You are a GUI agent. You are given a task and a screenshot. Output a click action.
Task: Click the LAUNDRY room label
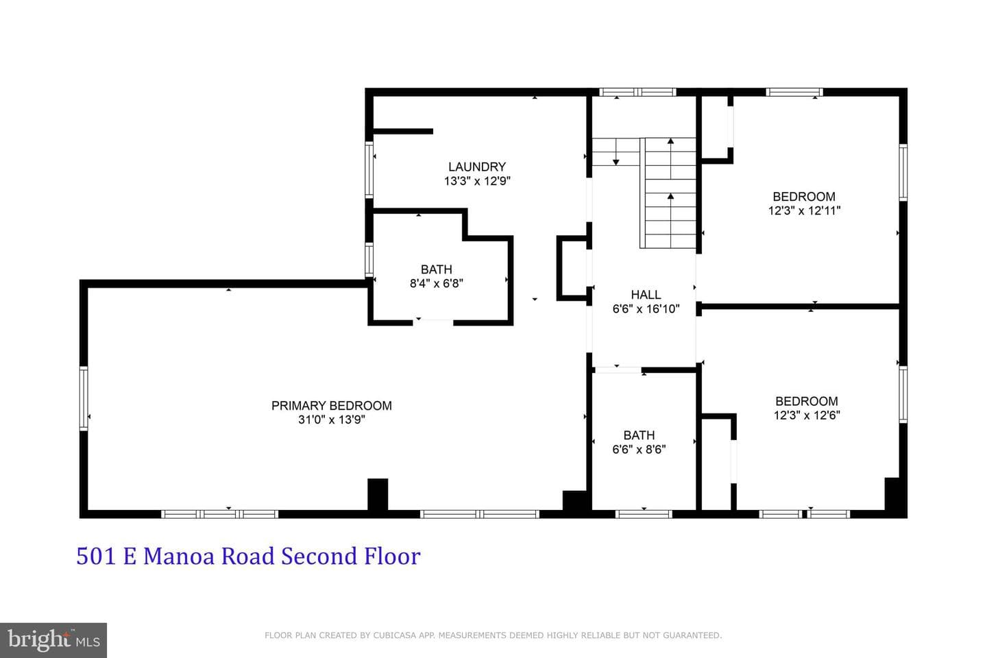pyautogui.click(x=477, y=167)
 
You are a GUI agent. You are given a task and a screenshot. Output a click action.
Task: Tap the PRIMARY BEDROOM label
pyautogui.click(x=331, y=406)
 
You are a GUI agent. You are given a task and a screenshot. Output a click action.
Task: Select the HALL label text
pyautogui.click(x=646, y=295)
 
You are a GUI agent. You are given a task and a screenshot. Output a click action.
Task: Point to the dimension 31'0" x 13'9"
pyautogui.click(x=331, y=419)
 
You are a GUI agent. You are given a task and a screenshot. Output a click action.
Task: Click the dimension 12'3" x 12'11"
pyautogui.click(x=804, y=210)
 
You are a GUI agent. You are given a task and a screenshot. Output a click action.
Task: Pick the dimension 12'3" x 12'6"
pyautogui.click(x=807, y=415)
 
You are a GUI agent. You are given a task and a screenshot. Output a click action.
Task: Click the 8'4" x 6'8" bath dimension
pyautogui.click(x=436, y=283)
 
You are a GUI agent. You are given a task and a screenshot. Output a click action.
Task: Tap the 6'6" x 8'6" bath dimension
pyautogui.click(x=639, y=449)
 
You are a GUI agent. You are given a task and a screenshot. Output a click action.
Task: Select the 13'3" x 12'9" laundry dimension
pyautogui.click(x=477, y=181)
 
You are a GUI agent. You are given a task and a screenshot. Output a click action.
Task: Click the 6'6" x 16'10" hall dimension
pyautogui.click(x=646, y=309)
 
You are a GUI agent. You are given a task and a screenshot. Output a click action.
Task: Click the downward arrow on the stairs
pyautogui.click(x=616, y=152)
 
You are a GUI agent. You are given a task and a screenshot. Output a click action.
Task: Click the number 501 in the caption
pyautogui.click(x=96, y=556)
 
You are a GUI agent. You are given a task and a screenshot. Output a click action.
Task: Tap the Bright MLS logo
pyautogui.click(x=53, y=640)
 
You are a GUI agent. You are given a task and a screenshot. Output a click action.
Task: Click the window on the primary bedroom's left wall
pyautogui.click(x=84, y=398)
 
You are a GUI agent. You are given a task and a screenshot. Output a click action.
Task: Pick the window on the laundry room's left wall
pyautogui.click(x=369, y=169)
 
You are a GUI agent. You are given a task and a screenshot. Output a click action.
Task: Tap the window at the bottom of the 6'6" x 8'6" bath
pyautogui.click(x=644, y=514)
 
